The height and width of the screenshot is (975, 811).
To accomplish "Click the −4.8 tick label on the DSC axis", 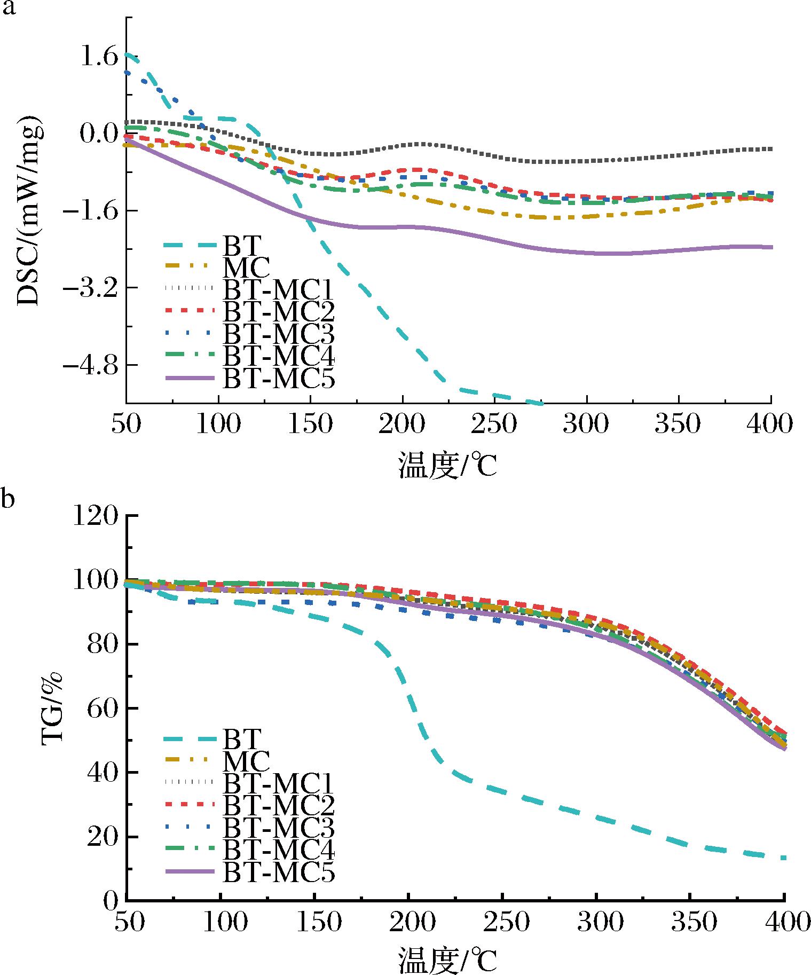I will click(x=90, y=366).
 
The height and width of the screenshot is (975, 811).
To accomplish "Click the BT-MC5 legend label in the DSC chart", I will click(x=278, y=380).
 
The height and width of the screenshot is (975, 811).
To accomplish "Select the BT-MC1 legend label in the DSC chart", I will click(x=278, y=290).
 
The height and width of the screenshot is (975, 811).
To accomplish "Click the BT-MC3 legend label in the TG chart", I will click(x=278, y=828).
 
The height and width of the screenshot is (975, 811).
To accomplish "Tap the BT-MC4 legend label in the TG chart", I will click(x=278, y=851).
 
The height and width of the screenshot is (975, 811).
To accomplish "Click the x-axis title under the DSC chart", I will click(x=447, y=464).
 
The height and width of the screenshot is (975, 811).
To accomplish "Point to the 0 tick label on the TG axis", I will click(x=109, y=901).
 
